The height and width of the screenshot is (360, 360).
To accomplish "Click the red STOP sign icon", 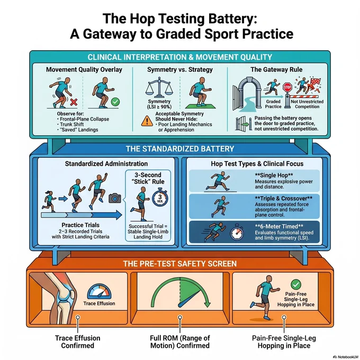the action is (287, 87).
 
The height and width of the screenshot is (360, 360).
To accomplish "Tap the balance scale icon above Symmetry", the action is (159, 88).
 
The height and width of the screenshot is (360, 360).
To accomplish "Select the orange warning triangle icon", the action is (147, 121).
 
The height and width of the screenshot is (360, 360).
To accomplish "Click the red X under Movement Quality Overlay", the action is (74, 102).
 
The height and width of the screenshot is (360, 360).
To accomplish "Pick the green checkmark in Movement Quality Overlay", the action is (115, 102).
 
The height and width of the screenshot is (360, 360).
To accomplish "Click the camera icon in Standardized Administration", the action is (115, 198).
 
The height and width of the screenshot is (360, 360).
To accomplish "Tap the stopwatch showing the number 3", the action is (160, 197).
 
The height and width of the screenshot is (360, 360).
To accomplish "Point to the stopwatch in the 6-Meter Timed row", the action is (237, 232).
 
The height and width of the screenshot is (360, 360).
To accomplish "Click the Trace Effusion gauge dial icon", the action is (99, 292).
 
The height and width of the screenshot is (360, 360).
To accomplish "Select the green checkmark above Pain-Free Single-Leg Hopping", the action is (296, 284).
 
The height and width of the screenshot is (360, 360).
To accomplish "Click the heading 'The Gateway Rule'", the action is (276, 69).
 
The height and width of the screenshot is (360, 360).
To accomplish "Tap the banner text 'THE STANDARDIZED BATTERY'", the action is (180, 149).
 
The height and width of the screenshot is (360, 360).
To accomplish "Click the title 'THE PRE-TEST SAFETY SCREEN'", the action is (180, 264).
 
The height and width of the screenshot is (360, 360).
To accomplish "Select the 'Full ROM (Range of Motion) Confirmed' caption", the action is (180, 341).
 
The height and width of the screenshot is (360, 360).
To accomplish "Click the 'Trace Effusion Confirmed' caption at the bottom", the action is (78, 341).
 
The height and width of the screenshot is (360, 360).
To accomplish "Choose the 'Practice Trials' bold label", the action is (80, 225).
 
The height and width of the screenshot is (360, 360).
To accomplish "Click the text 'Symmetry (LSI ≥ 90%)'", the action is (159, 104).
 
